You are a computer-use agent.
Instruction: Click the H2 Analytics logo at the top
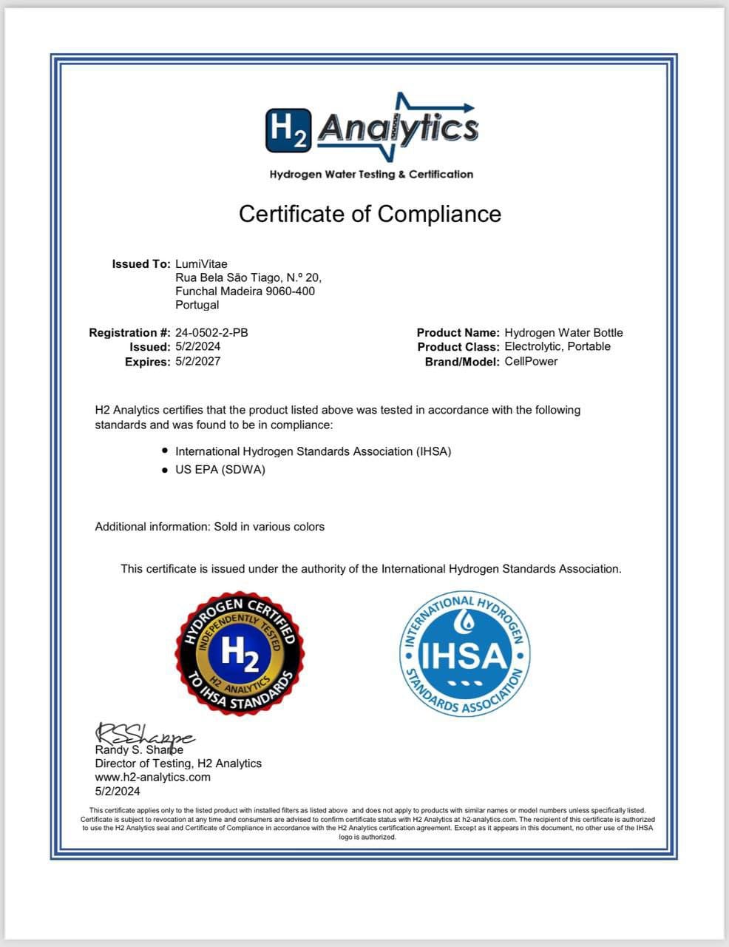tap(371, 127)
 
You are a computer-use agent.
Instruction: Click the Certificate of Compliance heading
tap(370, 214)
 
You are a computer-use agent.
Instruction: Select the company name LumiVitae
tap(201, 264)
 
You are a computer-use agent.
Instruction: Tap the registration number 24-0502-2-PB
tap(211, 333)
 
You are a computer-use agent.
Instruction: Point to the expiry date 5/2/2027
tap(197, 361)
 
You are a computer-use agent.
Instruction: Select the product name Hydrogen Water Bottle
tap(563, 333)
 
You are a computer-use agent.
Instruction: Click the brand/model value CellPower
tap(531, 361)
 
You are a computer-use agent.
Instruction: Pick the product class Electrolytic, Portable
tap(557, 346)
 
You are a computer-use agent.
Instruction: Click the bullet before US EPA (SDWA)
tap(165, 469)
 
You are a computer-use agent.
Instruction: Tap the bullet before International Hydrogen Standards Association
tap(165, 451)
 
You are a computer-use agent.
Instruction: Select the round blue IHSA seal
tap(465, 655)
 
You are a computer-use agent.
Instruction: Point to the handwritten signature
tap(143, 735)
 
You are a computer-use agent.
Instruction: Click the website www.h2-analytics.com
tap(152, 777)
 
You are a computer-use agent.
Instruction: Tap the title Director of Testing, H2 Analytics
tap(178, 763)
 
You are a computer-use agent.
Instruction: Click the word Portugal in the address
tap(197, 305)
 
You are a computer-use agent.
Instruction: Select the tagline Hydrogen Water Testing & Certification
tap(371, 175)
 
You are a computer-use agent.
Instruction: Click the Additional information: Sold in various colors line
tap(210, 527)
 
